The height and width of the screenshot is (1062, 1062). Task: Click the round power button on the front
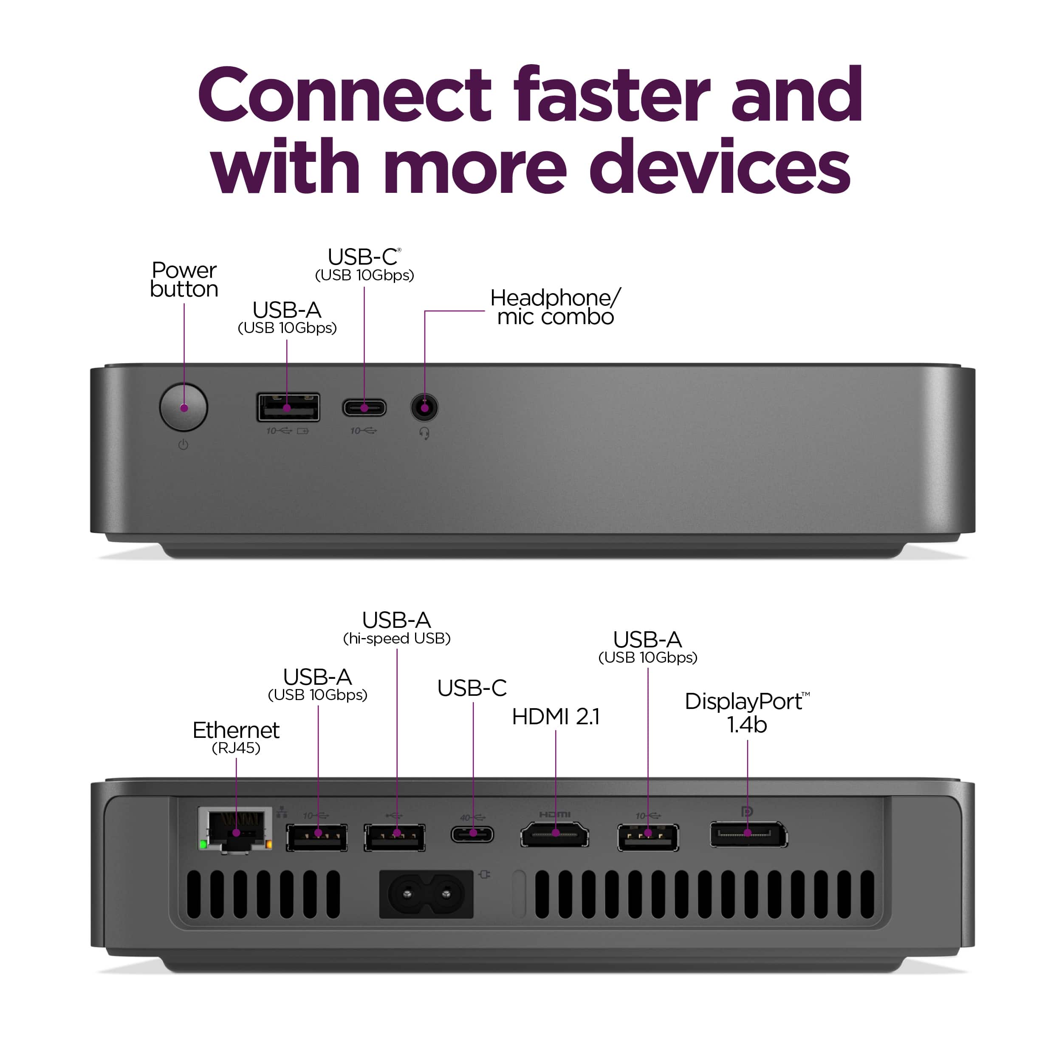(x=184, y=407)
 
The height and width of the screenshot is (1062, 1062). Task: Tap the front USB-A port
(x=288, y=407)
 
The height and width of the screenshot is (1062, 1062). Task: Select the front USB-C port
(x=364, y=408)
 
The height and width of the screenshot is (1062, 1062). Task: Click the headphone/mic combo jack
(x=424, y=408)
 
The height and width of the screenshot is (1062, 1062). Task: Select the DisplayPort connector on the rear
(x=748, y=834)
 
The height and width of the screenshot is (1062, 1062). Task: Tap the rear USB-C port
(x=473, y=834)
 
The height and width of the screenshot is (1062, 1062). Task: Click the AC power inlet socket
(x=426, y=894)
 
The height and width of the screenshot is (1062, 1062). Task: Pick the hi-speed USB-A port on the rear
(x=395, y=837)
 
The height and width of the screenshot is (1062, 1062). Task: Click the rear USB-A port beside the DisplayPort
(x=648, y=837)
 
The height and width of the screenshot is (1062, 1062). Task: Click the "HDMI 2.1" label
(x=556, y=717)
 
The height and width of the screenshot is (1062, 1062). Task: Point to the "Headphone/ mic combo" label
(x=556, y=307)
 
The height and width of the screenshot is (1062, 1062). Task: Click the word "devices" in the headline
(x=720, y=167)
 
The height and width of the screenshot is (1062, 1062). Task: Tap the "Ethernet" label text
(x=236, y=730)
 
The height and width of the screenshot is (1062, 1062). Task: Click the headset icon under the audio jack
(x=424, y=434)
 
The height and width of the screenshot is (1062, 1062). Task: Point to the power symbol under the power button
(x=184, y=444)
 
